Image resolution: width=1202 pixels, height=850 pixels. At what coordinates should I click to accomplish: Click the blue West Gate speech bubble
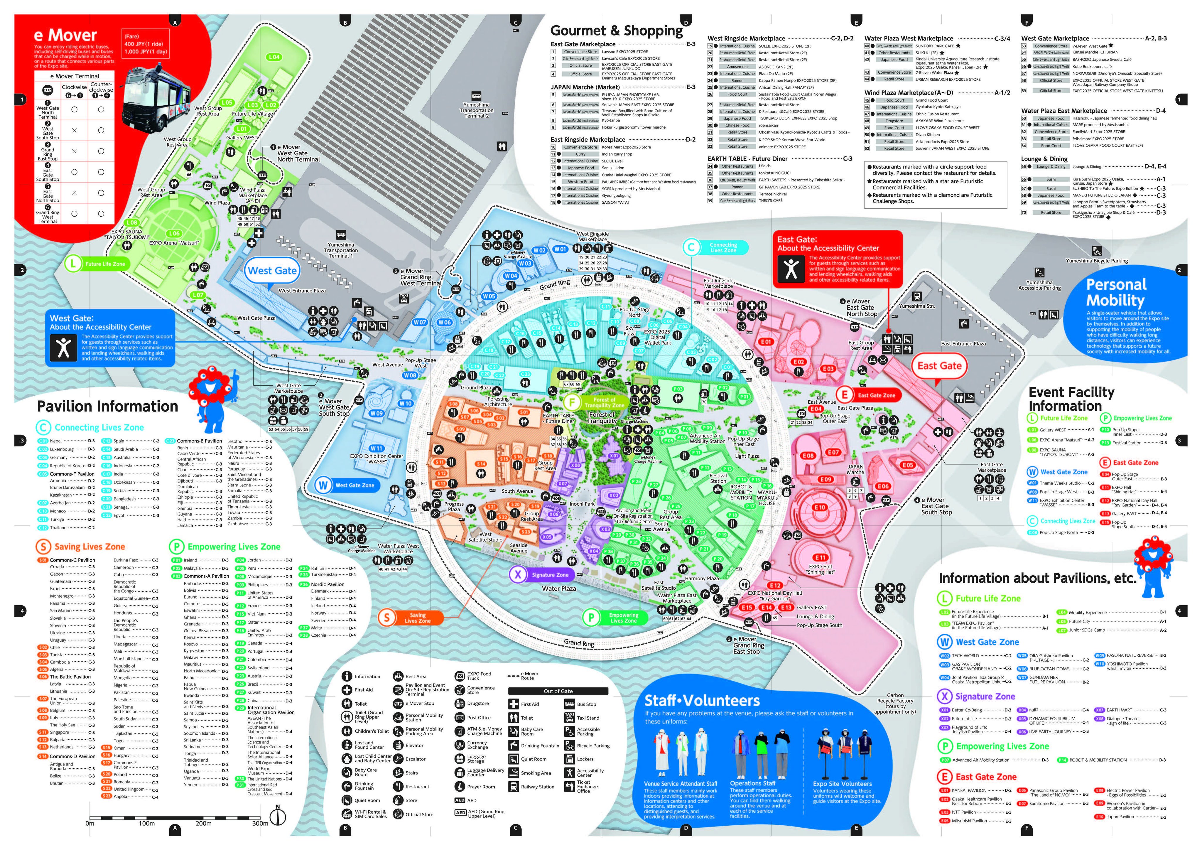[x=272, y=271]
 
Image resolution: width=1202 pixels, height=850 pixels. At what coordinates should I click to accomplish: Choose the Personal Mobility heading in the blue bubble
[x=1116, y=292]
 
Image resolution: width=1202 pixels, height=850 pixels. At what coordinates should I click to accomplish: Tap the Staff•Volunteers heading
[x=702, y=701]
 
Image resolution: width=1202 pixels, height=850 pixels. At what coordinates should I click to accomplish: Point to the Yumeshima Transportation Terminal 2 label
[x=476, y=110]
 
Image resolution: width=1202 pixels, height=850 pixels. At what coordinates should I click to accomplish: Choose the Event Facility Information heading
[x=1071, y=399]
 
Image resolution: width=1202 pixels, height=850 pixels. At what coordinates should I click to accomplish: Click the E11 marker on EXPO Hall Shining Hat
[x=820, y=558]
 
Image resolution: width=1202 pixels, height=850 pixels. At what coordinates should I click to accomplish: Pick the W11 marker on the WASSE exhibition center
[x=376, y=448]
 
